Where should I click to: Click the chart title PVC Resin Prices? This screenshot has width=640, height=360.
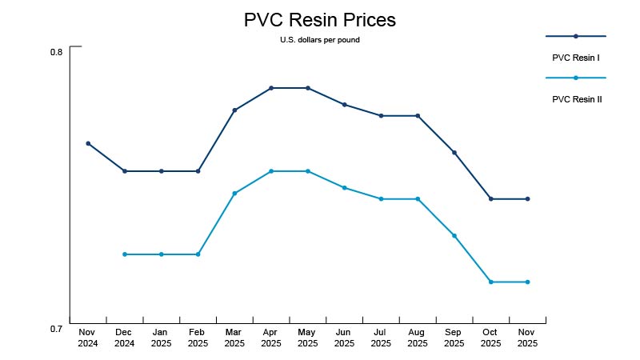319,20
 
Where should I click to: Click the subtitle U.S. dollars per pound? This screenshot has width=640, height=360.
319,40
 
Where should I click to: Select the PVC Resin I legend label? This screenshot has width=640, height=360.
576,58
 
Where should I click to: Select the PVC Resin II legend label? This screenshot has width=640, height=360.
577,100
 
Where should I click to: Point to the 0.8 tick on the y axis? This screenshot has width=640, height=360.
56,52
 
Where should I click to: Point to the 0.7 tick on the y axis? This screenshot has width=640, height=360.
56,329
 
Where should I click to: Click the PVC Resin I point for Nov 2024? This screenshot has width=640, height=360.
88,143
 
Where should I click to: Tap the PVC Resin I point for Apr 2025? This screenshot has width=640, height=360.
271,88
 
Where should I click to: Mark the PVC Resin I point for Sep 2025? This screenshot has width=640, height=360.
454,152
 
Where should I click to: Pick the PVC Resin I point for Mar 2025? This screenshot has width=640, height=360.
234,110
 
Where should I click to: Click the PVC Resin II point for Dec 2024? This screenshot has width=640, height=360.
125,254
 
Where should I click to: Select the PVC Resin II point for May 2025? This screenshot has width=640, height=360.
308,171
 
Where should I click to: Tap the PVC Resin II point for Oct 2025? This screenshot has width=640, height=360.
491,282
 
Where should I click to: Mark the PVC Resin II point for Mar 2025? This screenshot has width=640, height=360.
234,193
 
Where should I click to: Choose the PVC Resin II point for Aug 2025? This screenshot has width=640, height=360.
418,198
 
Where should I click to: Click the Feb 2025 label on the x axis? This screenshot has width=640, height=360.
198,337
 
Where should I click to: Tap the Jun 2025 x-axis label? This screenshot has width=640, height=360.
344,337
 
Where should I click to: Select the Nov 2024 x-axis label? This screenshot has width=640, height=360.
88,337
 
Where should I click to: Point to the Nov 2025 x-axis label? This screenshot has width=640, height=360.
527,337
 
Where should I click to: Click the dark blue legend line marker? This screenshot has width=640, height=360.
576,36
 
